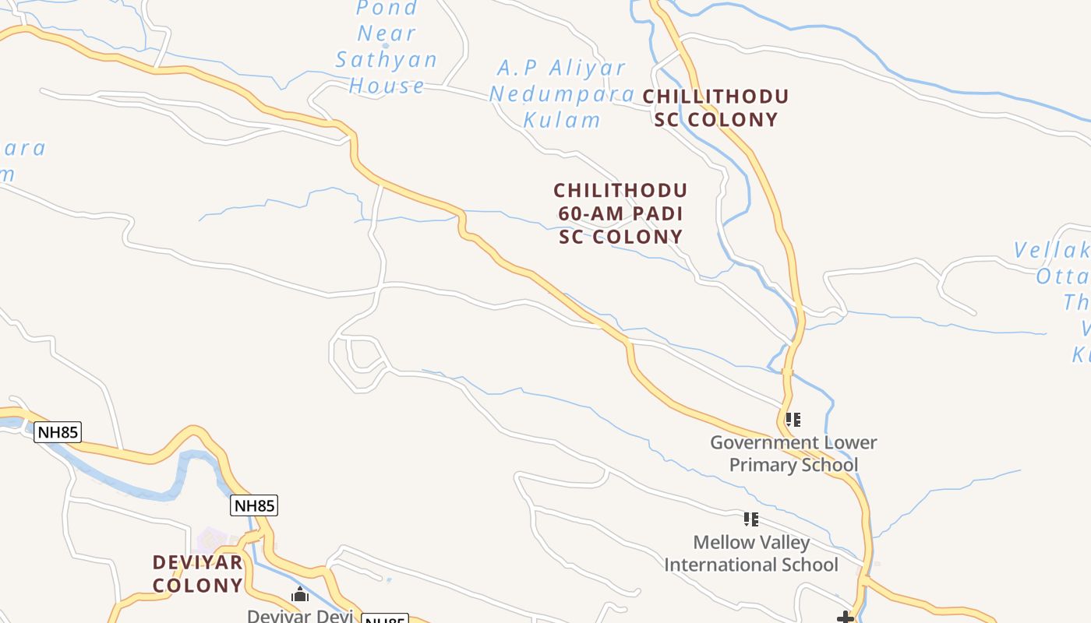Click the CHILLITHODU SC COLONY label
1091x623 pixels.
[x=715, y=108]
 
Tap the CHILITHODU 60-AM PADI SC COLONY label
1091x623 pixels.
[x=620, y=213]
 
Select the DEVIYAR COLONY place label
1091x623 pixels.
[x=197, y=573]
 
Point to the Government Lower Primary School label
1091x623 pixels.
[x=793, y=453]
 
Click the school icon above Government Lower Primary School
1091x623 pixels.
[x=793, y=420]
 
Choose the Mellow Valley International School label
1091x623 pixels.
[x=751, y=553]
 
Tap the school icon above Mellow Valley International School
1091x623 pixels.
[x=751, y=519]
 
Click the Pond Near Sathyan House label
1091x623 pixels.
[x=387, y=47]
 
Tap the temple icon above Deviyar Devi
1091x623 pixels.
[x=300, y=595]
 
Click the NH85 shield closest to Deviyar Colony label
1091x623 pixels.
[x=254, y=505]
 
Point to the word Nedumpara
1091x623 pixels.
[x=562, y=94]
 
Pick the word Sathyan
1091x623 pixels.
[x=387, y=59]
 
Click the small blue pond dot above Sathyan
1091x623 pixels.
[x=385, y=45]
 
